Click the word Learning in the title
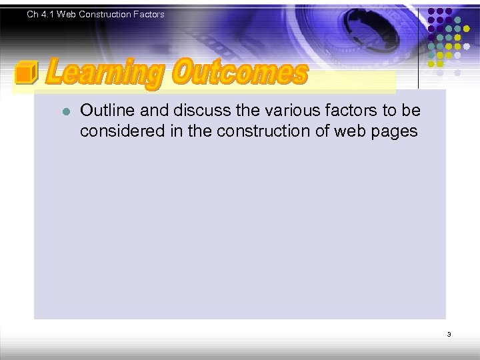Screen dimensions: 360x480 [x=105, y=74]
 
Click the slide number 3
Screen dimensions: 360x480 [x=449, y=334]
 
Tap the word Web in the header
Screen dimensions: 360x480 [x=67, y=14]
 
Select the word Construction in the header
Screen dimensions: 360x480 [x=102, y=14]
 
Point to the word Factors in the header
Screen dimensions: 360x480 [x=147, y=14]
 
